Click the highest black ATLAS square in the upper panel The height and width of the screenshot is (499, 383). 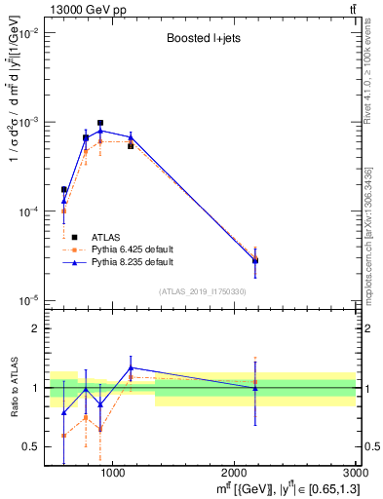[x=100, y=123]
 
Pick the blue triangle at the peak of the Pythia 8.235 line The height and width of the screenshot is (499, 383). [x=100, y=131]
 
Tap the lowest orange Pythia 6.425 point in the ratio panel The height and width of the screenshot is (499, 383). [x=63, y=436]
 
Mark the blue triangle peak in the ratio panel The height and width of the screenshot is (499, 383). [x=131, y=367]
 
